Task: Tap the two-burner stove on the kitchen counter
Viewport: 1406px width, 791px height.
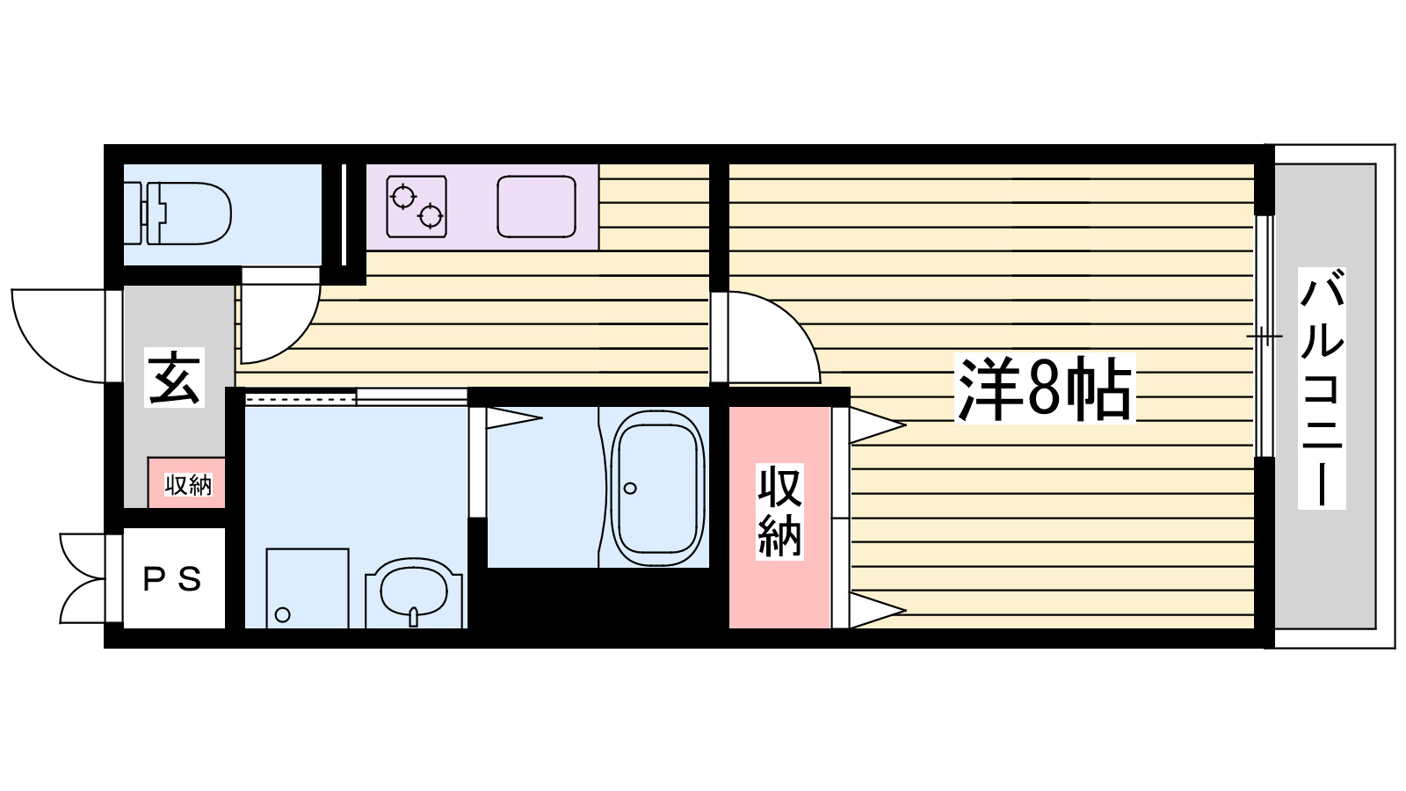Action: pos(417,207)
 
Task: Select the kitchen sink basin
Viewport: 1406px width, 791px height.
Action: pos(536,207)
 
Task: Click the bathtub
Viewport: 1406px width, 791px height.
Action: pos(658,489)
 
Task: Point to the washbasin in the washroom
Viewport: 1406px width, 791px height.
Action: pos(414,592)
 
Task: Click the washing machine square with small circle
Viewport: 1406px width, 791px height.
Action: pos(307,588)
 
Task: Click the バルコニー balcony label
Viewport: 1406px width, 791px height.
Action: pos(1322,388)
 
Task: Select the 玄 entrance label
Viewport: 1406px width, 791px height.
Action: pos(175,378)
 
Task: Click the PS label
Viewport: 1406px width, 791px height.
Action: pos(173,579)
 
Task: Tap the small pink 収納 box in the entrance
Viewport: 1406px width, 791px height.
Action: pos(187,483)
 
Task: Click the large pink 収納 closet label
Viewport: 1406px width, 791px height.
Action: pos(779,512)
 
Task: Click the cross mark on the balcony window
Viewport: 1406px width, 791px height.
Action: pos(1265,336)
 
